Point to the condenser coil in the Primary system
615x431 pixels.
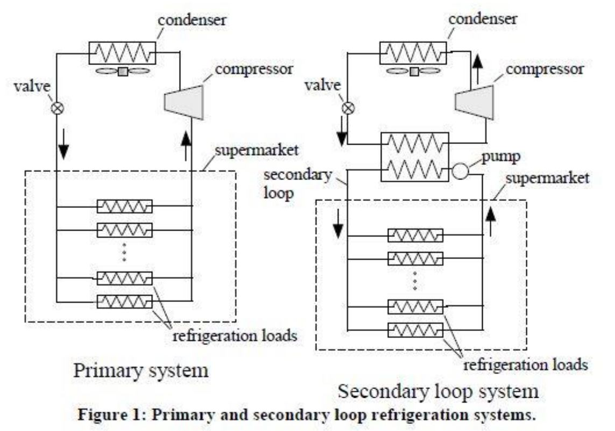(122, 54)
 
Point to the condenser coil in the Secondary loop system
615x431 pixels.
(413, 54)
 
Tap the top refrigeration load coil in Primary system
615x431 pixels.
(124, 206)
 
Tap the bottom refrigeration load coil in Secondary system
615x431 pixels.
(415, 329)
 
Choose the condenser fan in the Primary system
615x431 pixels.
(124, 71)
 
